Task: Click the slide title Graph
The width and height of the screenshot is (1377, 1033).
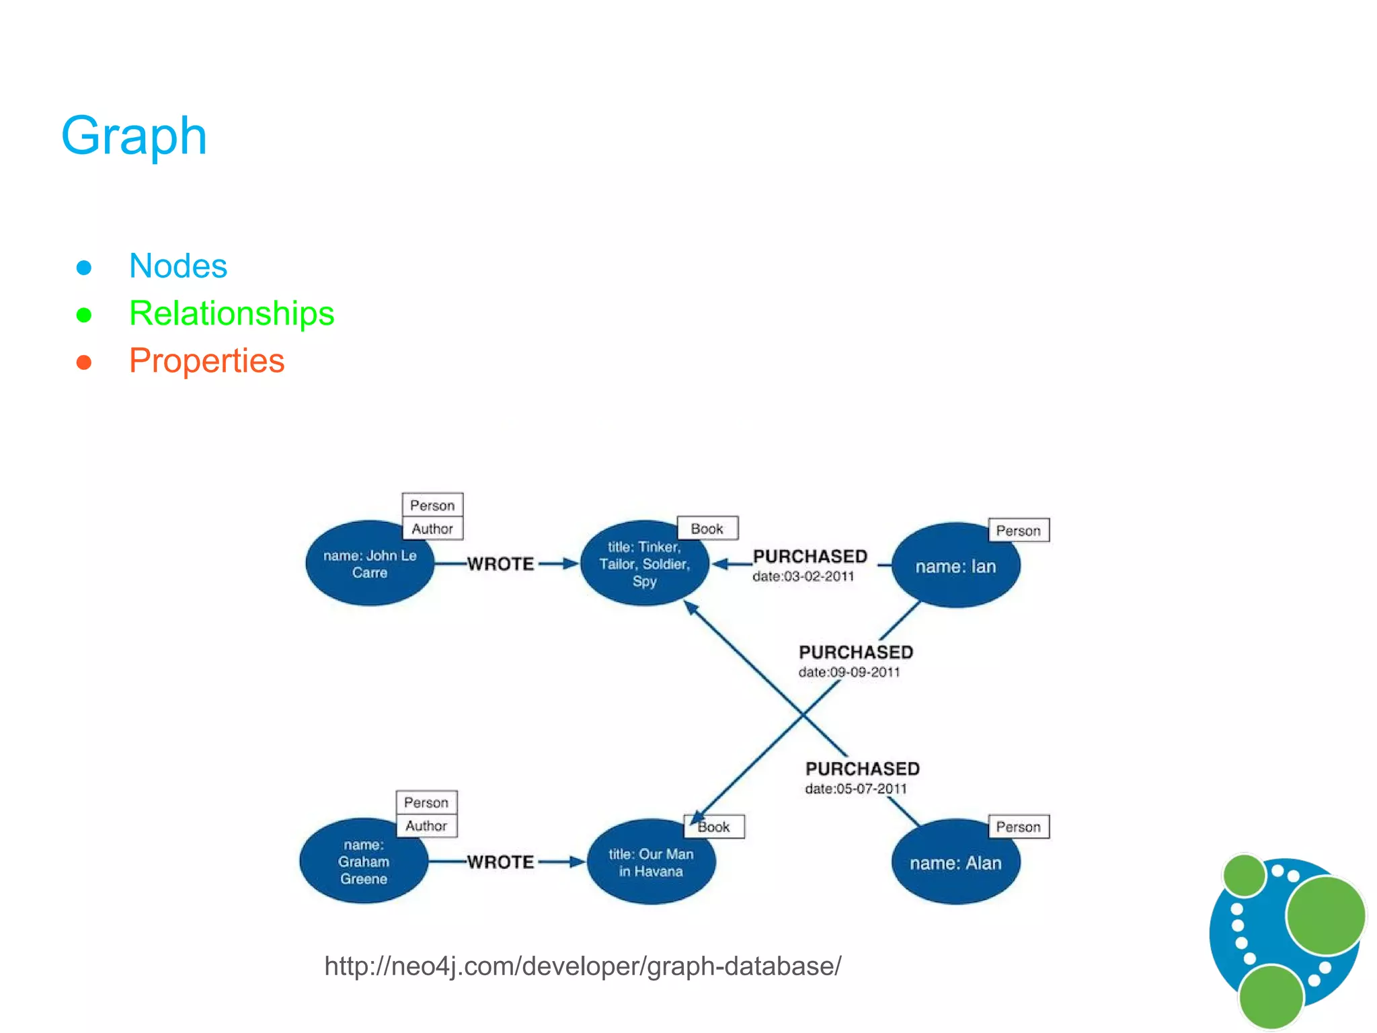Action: (x=134, y=136)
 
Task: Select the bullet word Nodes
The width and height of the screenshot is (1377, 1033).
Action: (x=178, y=266)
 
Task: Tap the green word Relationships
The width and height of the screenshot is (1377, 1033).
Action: (x=231, y=313)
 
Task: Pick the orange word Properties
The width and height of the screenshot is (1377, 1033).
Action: (x=206, y=361)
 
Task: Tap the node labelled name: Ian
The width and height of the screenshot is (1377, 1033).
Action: (x=955, y=566)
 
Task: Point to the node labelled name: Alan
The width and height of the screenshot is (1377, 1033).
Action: (x=955, y=863)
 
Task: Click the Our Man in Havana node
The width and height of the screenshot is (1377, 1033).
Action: (x=650, y=863)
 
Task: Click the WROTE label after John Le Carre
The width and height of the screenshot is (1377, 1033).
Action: (x=500, y=564)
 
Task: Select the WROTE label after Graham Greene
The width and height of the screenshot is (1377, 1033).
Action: (x=500, y=862)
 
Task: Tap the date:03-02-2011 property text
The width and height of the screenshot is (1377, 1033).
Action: (x=803, y=576)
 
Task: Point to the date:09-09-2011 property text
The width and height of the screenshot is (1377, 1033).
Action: (x=849, y=672)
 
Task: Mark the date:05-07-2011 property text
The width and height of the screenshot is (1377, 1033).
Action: (x=855, y=788)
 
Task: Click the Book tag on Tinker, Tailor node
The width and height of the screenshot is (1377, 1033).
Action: (x=707, y=529)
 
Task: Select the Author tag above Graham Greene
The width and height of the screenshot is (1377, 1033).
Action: (x=426, y=826)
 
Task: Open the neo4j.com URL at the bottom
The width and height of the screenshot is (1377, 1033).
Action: (x=582, y=966)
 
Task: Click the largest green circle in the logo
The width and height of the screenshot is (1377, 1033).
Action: (x=1325, y=915)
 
